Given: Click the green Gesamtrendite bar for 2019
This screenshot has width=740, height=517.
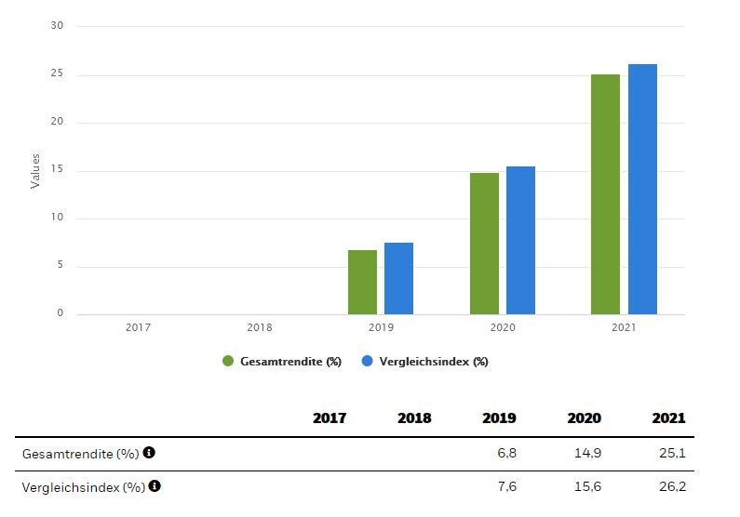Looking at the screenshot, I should point(362,282).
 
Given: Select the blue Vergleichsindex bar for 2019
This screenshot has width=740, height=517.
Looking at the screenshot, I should point(398,278).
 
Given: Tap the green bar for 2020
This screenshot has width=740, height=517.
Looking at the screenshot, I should point(484,244).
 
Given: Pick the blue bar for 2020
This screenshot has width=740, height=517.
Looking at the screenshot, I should point(520,240).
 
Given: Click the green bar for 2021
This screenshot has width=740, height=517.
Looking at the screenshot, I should point(605,194).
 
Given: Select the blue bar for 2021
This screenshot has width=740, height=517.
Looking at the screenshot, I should point(642,189).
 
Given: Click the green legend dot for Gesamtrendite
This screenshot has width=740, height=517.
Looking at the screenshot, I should point(228,362).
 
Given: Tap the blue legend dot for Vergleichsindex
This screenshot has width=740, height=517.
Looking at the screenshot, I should point(368,362).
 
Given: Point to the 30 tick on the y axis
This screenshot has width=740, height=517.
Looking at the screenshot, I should point(58,26).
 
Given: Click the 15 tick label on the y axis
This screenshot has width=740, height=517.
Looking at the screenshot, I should point(58,171).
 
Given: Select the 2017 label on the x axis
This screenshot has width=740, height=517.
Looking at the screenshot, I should point(138,327).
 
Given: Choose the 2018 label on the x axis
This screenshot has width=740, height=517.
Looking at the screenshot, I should point(260,327).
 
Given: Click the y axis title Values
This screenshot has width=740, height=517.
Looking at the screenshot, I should point(36,171).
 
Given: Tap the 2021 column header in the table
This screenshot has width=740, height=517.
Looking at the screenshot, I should point(668,418).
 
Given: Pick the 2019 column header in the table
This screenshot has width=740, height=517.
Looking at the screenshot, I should point(499,418).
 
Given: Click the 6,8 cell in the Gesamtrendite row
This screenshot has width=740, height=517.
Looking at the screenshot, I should point(506,453).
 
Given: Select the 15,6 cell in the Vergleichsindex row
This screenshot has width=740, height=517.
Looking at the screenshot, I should point(589,486).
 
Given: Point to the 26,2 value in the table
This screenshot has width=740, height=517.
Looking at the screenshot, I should point(673,486).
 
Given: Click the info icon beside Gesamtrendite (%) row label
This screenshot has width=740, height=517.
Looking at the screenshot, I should point(149,453).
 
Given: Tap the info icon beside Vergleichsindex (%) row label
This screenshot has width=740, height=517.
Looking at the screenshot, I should point(155,485).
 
